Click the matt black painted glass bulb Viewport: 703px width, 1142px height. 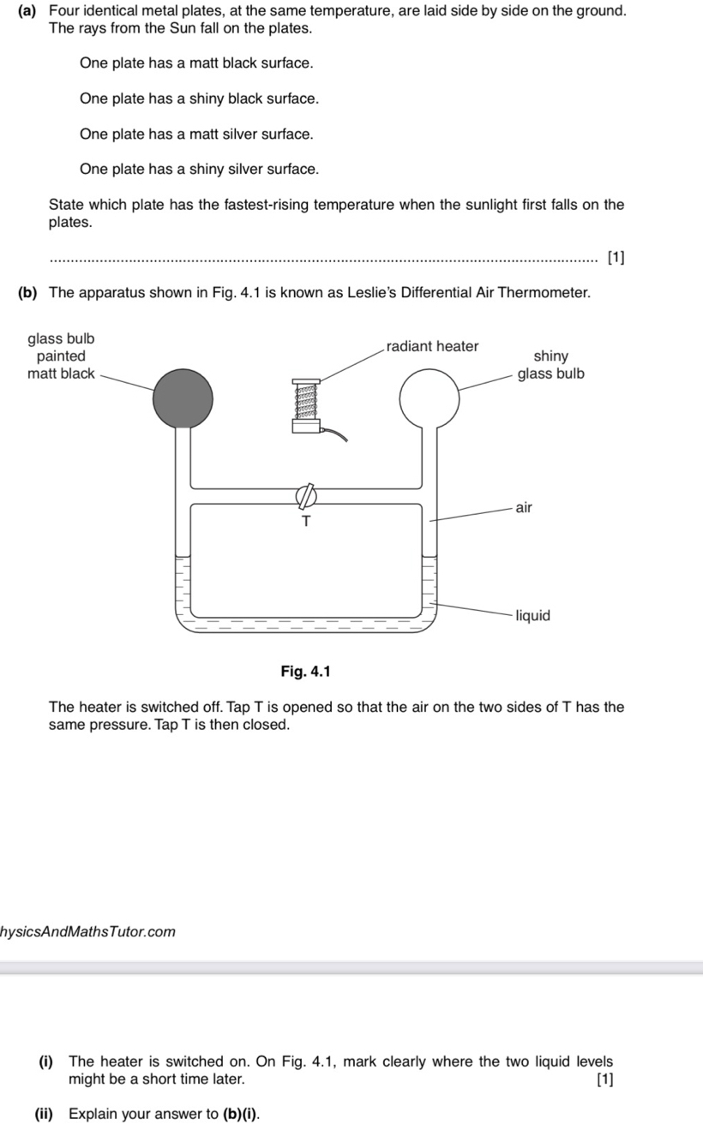(x=183, y=398)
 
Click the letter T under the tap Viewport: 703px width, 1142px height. (x=305, y=521)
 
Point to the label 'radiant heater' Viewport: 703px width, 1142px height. (x=432, y=346)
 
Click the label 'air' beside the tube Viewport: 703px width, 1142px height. (x=524, y=507)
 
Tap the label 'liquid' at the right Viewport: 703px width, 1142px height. (x=532, y=615)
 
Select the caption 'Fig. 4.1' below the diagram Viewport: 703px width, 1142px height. (x=305, y=670)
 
